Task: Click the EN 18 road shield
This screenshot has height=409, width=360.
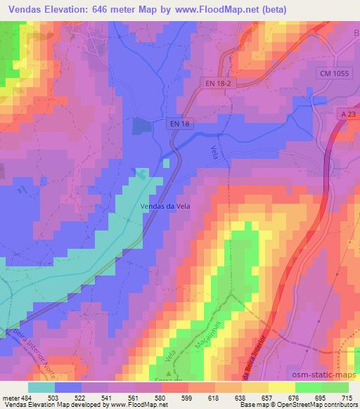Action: click(x=181, y=124)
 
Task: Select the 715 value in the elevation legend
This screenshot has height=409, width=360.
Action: click(x=347, y=398)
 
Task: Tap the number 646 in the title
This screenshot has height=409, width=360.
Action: click(x=101, y=8)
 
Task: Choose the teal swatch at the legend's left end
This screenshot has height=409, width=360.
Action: click(x=41, y=387)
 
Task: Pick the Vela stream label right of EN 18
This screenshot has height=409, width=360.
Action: click(x=214, y=150)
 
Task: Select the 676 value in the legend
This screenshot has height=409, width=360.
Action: click(x=294, y=398)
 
